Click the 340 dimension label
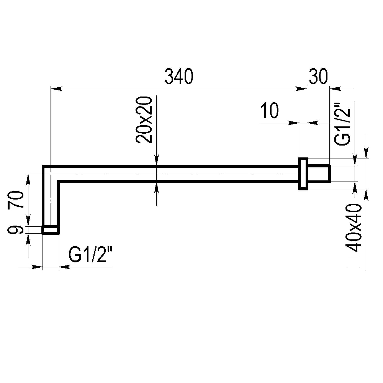(x=179, y=77)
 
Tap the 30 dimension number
(x=318, y=77)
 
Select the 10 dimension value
(x=269, y=110)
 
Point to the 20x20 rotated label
(x=144, y=119)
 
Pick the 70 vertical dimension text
(x=16, y=200)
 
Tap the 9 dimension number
(x=15, y=230)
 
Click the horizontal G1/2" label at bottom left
(x=90, y=254)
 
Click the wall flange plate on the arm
(x=303, y=173)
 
